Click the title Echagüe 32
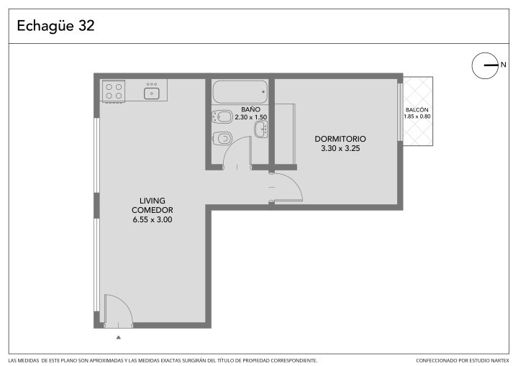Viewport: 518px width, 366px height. [x=55, y=26]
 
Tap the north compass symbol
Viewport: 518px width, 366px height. [x=485, y=65]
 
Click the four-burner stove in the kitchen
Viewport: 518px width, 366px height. [x=114, y=91]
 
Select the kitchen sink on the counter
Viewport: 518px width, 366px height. [x=152, y=93]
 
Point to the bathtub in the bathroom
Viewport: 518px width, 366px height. [x=240, y=92]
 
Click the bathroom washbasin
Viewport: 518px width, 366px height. [x=261, y=129]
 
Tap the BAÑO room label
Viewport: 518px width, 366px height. [x=251, y=109]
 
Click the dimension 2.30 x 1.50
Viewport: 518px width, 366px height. [x=251, y=117]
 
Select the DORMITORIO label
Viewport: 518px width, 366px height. [x=340, y=139]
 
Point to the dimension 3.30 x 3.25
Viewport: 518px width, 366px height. [x=340, y=148]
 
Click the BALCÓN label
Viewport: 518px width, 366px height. [x=417, y=110]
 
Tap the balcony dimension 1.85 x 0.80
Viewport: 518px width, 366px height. [x=417, y=116]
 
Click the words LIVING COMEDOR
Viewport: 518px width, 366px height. [x=153, y=205]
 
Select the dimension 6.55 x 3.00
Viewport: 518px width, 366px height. [x=153, y=219]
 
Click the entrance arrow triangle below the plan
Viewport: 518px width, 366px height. [x=119, y=337]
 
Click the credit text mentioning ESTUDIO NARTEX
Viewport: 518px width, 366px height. [x=463, y=360]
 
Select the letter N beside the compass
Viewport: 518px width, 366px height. [x=503, y=65]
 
